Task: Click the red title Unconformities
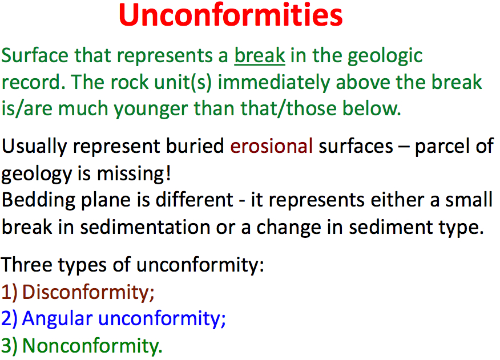pos(231,15)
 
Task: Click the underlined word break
pos(260,55)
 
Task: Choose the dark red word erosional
pos(271,147)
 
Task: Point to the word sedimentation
pos(145,227)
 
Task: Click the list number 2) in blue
pos(9,319)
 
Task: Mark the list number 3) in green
pos(9,346)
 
